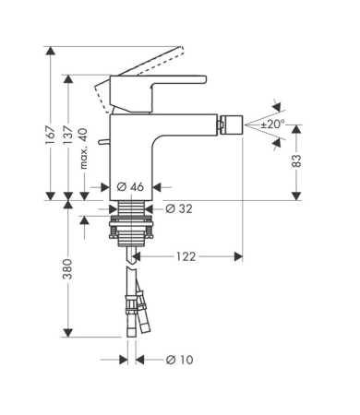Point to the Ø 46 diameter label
coord(131,186)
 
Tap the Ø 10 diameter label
coord(178,360)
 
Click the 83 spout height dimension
coord(296,160)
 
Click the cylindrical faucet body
coord(138,152)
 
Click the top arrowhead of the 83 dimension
coord(296,127)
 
